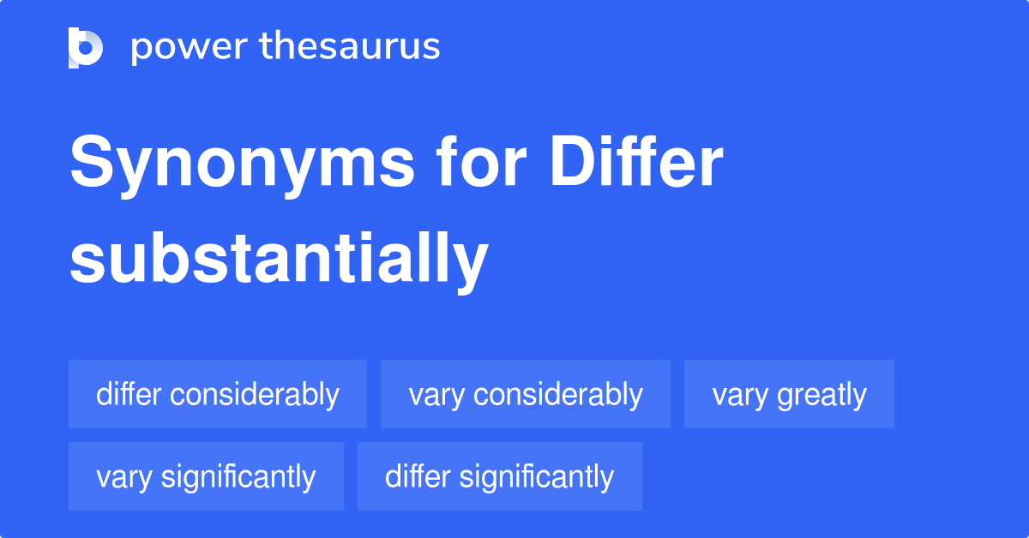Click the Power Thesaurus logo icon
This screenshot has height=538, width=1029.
point(86,47)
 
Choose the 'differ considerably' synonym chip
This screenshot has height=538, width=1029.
point(218,394)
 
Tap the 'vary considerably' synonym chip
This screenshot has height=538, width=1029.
point(526,394)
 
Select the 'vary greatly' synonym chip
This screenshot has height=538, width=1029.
point(789,394)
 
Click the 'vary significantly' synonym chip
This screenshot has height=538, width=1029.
point(206,476)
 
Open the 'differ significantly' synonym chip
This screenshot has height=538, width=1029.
point(500,476)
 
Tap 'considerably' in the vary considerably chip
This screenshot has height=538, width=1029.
point(558,395)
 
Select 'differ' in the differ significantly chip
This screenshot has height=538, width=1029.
point(418,476)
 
